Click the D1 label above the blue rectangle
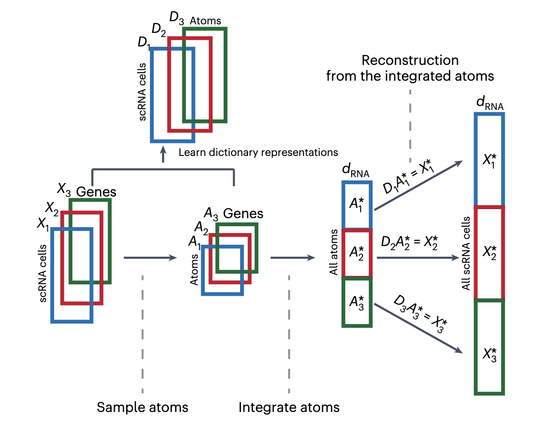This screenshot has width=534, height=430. (x=144, y=44)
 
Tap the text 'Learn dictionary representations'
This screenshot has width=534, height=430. (x=258, y=152)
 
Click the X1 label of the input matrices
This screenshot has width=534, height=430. (x=43, y=223)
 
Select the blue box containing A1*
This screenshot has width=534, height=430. (x=357, y=205)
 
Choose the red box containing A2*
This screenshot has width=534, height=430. (x=357, y=253)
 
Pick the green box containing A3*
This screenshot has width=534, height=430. (x=357, y=302)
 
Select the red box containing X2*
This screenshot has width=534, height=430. (x=489, y=252)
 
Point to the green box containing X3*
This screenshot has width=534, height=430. (x=489, y=347)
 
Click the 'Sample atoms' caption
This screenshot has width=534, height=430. (x=142, y=407)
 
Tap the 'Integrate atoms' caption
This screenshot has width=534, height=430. (x=289, y=407)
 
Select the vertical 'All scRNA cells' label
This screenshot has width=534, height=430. (x=467, y=253)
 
